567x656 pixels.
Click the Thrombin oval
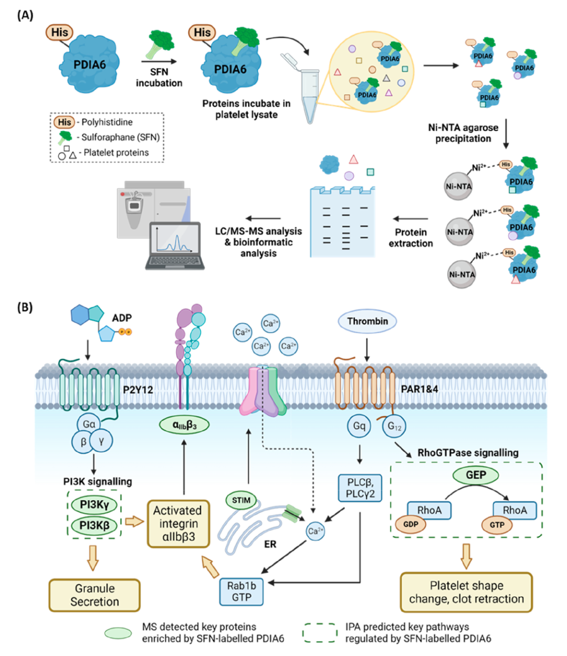click(367, 321)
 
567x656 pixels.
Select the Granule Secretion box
click(94, 595)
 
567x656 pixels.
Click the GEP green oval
click(476, 475)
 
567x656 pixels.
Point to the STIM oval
click(241, 500)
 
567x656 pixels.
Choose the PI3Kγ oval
click(94, 505)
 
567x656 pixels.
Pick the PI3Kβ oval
click(94, 525)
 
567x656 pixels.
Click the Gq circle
click(359, 425)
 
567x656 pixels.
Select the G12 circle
click(394, 426)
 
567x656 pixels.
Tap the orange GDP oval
click(411, 524)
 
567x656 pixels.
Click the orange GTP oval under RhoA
click(497, 524)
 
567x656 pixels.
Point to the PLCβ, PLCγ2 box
click(360, 487)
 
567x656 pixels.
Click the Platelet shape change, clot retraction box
click(466, 592)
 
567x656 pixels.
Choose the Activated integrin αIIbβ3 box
click(178, 524)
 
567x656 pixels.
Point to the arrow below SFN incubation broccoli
click(159, 61)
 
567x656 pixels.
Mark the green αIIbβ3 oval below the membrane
click(184, 425)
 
